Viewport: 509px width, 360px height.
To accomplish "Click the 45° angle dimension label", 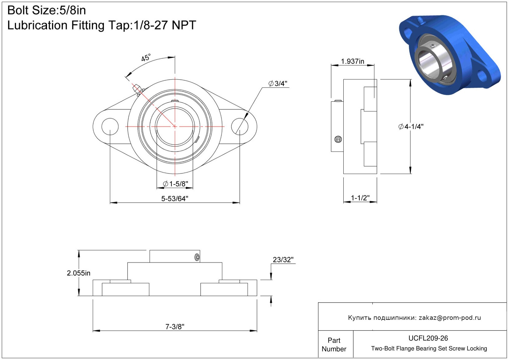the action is [x=146, y=58].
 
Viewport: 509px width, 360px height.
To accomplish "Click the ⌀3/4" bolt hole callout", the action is [x=278, y=84].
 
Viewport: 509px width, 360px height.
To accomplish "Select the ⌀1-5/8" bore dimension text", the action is [x=176, y=184].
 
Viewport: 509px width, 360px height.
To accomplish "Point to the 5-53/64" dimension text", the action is [x=175, y=199].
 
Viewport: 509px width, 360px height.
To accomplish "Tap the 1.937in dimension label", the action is [x=352, y=61].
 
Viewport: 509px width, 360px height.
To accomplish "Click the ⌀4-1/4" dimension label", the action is [x=411, y=127].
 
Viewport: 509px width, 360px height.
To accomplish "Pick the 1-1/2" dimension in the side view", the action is [x=360, y=198].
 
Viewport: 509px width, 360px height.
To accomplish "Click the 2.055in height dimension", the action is [x=78, y=273].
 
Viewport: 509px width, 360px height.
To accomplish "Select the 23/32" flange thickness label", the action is [x=283, y=260].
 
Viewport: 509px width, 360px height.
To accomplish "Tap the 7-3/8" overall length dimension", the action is [x=175, y=327].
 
